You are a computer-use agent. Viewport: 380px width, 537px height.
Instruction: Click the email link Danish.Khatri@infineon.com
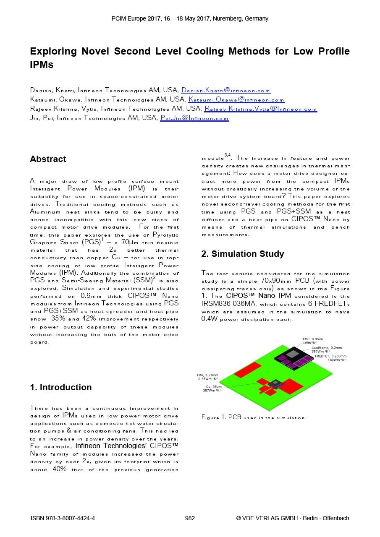[226, 90]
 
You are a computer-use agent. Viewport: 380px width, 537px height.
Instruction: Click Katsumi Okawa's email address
[236, 99]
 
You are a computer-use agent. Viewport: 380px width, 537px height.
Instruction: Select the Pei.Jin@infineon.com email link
[194, 118]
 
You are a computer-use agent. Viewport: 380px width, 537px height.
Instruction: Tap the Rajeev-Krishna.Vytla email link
[260, 109]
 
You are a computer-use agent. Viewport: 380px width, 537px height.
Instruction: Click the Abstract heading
[48, 159]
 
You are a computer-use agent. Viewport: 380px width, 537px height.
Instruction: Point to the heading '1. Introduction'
[61, 387]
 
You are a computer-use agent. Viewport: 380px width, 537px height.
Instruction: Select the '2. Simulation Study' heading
[243, 254]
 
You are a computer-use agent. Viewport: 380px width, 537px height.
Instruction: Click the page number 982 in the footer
[190, 518]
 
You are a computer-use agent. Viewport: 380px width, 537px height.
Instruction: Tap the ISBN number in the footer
[63, 518]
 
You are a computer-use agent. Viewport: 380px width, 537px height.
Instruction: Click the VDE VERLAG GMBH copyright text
[293, 518]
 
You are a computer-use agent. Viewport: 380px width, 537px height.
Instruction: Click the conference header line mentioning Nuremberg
[190, 18]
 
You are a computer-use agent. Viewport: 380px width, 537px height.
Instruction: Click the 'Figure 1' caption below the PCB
[254, 417]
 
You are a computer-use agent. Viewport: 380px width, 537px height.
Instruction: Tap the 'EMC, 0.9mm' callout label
[313, 339]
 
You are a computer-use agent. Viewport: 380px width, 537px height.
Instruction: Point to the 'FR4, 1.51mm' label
[207, 375]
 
